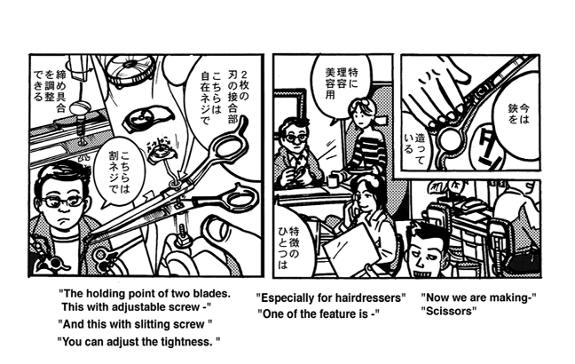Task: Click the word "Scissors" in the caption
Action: pyautogui.click(x=450, y=312)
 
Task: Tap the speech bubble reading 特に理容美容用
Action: pyautogui.click(x=341, y=84)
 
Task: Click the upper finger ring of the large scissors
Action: pyautogui.click(x=227, y=145)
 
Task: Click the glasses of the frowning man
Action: pyautogui.click(x=63, y=201)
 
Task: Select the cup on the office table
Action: pyautogui.click(x=334, y=182)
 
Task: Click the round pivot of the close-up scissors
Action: pyautogui.click(x=451, y=139)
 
